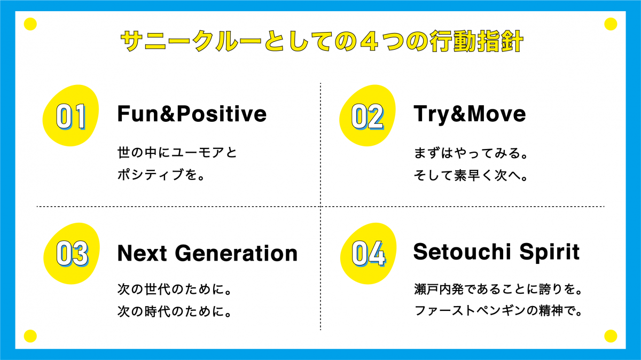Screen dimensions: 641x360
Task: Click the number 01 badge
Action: point(71,115)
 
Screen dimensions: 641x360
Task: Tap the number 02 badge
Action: point(368,115)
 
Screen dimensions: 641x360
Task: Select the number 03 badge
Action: point(72,254)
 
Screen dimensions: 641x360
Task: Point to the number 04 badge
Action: point(368,254)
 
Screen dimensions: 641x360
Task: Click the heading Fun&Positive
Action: point(192,114)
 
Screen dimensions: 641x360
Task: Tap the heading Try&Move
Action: point(470,114)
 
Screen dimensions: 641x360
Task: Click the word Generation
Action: point(236,253)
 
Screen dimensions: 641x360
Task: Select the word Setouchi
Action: point(462,252)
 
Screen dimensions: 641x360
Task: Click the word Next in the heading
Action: point(142,253)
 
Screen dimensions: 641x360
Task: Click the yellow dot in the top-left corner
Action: point(30,24)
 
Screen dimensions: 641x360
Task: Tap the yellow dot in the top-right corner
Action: point(611,24)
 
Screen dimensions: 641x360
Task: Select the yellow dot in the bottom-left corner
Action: point(30,336)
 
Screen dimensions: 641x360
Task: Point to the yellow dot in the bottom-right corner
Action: point(611,336)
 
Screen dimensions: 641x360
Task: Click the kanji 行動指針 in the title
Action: point(476,41)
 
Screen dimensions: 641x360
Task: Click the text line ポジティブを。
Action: point(161,175)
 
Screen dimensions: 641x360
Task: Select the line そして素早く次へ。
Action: point(471,175)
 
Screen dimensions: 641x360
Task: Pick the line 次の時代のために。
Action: point(175,311)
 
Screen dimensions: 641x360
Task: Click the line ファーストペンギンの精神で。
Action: point(498,311)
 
